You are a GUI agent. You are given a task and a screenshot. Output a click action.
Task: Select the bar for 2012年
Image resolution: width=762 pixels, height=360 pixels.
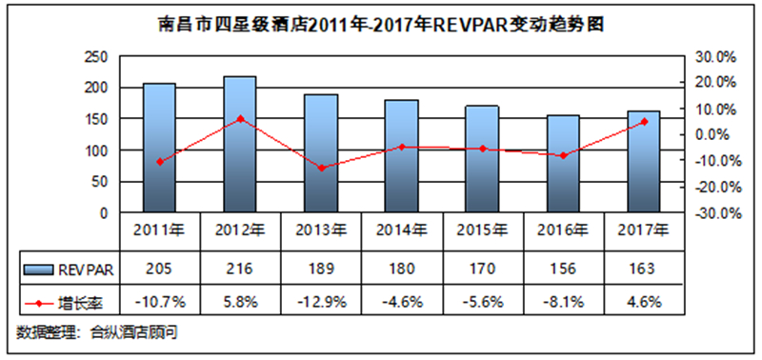240,145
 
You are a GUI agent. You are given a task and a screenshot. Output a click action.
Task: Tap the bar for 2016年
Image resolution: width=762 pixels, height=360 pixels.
563,164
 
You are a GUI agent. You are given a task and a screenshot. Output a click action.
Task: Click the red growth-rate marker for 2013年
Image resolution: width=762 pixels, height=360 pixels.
321,169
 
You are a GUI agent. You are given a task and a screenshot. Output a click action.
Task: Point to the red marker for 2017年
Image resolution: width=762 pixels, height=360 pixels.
644,122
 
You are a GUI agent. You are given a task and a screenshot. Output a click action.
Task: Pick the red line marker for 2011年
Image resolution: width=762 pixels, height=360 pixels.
159,162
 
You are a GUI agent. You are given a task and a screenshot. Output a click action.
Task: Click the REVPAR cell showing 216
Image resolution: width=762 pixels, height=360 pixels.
240,270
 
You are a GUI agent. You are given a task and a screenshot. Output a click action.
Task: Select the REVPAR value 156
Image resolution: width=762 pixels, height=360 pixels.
563,270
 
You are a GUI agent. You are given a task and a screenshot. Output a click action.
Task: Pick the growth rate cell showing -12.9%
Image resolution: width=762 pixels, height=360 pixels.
321,302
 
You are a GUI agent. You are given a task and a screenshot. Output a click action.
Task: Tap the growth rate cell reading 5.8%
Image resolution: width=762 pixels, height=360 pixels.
240,302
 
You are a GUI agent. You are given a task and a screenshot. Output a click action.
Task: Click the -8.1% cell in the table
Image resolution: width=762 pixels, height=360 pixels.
563,302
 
